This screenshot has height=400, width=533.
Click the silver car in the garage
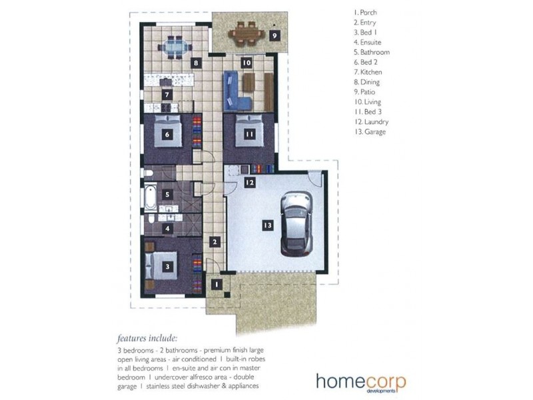296,224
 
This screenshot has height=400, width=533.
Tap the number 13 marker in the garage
268,225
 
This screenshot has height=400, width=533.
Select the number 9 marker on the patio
274,35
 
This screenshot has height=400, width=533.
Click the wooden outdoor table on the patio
247,34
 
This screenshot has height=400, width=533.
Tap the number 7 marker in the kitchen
167,95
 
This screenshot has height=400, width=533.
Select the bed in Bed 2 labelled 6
167,131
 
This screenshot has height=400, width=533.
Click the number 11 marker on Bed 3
249,135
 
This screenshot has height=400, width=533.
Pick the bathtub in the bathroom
151,197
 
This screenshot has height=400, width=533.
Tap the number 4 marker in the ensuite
167,229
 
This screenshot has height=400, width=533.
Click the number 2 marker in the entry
215,242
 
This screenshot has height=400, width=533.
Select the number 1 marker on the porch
217,285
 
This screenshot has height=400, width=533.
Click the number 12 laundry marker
250,183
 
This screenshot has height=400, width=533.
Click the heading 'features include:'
147,339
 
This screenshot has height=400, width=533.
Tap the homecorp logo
361,383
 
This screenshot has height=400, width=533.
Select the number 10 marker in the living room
247,63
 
